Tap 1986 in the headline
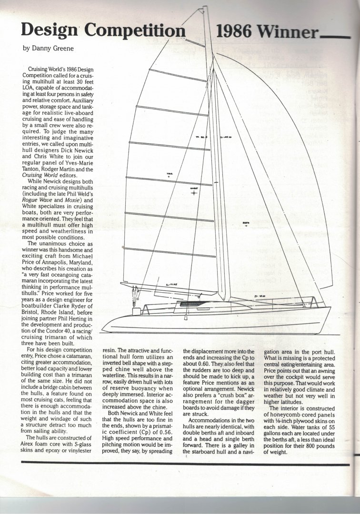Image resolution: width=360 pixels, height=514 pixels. [235, 31]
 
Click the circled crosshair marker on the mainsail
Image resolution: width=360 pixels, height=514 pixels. [194, 193]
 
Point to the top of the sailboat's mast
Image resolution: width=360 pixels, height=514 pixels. [205, 8]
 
